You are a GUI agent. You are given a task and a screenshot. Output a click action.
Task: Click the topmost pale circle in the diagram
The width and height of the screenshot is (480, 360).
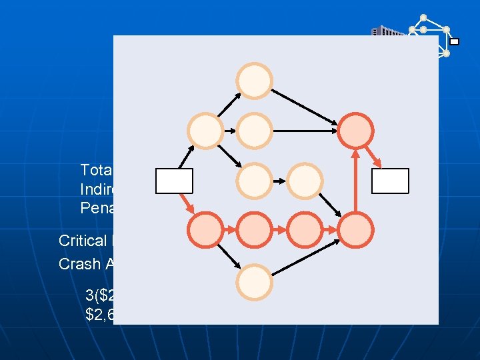(x=255, y=81)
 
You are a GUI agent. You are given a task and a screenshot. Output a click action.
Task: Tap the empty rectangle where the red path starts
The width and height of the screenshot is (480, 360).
(x=174, y=181)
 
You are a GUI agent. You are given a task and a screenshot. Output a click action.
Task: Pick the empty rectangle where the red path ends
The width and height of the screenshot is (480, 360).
(x=391, y=181)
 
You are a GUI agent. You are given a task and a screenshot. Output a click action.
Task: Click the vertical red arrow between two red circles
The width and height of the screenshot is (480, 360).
(x=357, y=181)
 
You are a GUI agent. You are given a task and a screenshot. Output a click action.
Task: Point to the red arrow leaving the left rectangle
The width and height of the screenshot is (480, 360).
(x=186, y=203)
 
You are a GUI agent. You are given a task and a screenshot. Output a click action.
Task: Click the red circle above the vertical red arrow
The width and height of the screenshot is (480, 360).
(x=357, y=130)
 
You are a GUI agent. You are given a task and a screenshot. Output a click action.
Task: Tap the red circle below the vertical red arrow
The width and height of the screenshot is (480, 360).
(x=357, y=230)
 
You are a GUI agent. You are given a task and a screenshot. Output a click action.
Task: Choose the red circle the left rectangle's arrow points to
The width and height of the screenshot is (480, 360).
(x=206, y=230)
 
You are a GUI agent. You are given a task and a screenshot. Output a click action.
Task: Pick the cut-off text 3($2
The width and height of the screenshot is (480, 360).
(x=99, y=295)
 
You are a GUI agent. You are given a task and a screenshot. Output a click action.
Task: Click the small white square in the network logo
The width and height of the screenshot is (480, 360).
(x=454, y=41)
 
